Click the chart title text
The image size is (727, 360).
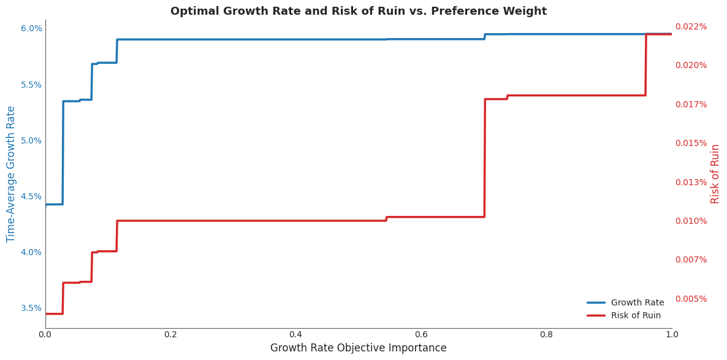click(358, 11)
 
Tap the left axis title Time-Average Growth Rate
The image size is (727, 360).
click(11, 174)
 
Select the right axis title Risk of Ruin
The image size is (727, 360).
click(715, 174)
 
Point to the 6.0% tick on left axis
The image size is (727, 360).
click(31, 28)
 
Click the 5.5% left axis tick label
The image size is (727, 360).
click(31, 85)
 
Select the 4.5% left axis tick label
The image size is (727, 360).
click(31, 196)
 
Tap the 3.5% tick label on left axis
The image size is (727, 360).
click(31, 308)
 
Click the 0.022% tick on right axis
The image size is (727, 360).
click(691, 26)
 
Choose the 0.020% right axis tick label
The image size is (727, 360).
click(691, 65)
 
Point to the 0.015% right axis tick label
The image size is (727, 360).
click(691, 143)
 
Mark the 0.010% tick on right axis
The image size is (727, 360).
click(691, 221)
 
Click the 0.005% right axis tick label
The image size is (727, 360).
click(691, 299)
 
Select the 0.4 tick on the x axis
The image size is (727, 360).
click(295, 335)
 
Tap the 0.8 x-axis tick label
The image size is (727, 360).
click(546, 335)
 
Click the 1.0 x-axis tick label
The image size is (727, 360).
click(672, 335)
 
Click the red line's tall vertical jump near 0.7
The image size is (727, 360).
click(485, 158)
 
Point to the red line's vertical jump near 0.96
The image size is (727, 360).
click(645, 64)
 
